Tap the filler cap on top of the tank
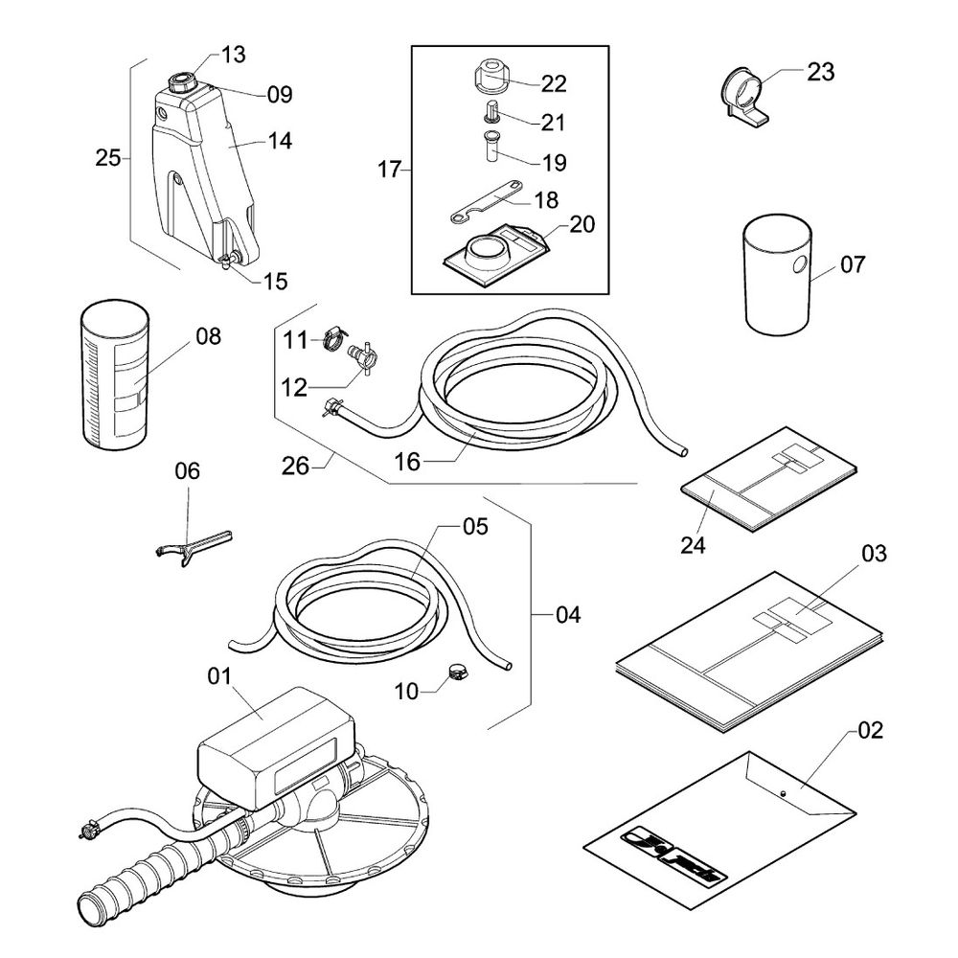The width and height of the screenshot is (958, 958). [x=179, y=82]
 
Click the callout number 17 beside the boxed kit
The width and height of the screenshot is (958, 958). [x=389, y=171]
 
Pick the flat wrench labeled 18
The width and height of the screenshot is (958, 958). [x=486, y=201]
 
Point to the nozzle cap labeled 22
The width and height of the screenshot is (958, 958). [x=491, y=75]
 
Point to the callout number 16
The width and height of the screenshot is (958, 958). [x=408, y=461]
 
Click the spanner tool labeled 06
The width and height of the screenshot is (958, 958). [x=191, y=547]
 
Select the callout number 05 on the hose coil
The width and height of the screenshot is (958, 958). [x=476, y=527]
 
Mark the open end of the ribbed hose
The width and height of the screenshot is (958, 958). [x=94, y=903]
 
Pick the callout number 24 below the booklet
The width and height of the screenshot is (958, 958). [x=693, y=545]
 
